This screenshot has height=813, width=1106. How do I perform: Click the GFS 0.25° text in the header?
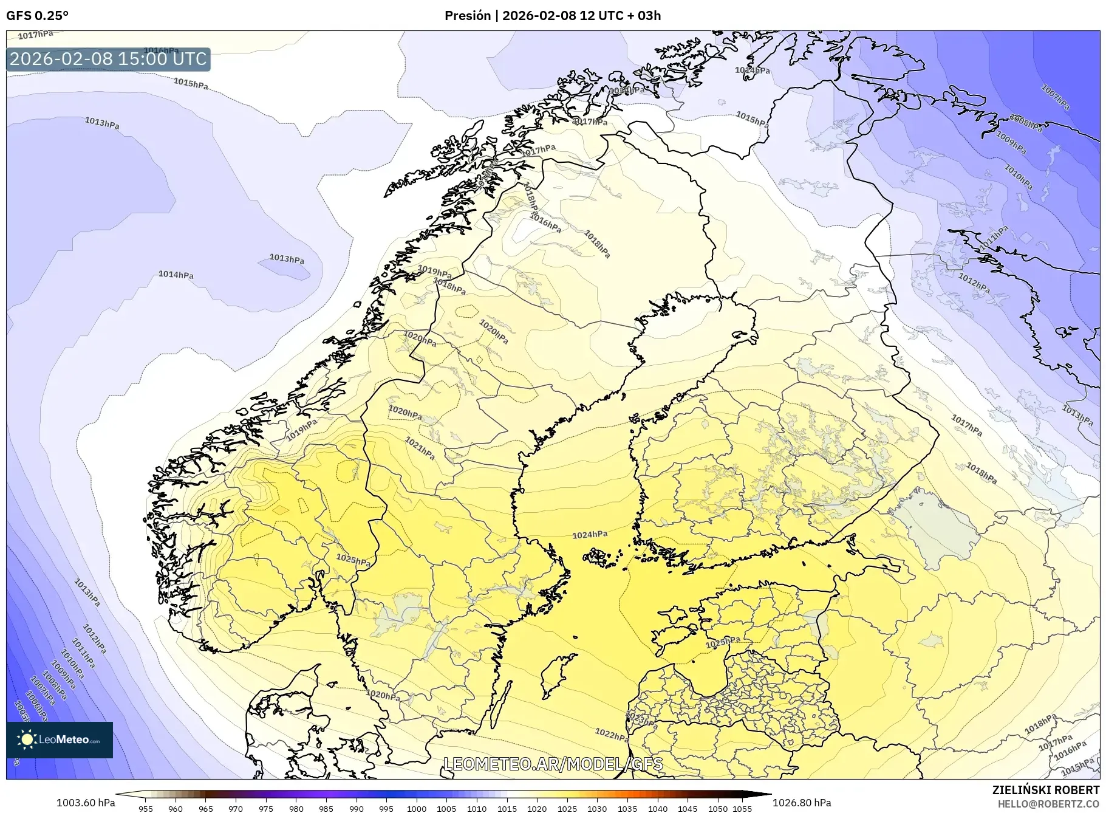click(x=37, y=16)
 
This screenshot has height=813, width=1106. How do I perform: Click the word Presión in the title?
click(x=467, y=16)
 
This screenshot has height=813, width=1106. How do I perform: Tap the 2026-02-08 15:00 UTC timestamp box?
click(x=108, y=59)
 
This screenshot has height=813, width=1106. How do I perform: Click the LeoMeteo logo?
click(x=60, y=739)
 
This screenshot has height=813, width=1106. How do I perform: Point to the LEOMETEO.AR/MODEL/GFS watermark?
click(x=553, y=764)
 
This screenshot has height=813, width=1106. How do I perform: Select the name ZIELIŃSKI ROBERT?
click(x=1045, y=790)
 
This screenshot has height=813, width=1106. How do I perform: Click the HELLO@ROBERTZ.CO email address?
click(x=1048, y=804)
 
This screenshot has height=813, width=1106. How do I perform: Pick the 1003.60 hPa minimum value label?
click(x=86, y=803)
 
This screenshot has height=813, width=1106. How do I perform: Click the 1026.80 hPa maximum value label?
click(x=802, y=803)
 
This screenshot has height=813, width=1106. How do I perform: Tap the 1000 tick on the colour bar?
click(x=417, y=809)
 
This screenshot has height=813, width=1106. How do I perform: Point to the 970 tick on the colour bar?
click(x=236, y=809)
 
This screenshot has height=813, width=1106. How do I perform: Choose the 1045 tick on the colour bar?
click(x=688, y=809)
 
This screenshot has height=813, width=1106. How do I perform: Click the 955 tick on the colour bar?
click(x=145, y=809)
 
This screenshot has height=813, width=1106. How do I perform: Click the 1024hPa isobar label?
click(x=590, y=535)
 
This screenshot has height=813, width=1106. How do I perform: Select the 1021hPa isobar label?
click(x=420, y=448)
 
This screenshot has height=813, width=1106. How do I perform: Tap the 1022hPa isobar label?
click(x=612, y=735)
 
